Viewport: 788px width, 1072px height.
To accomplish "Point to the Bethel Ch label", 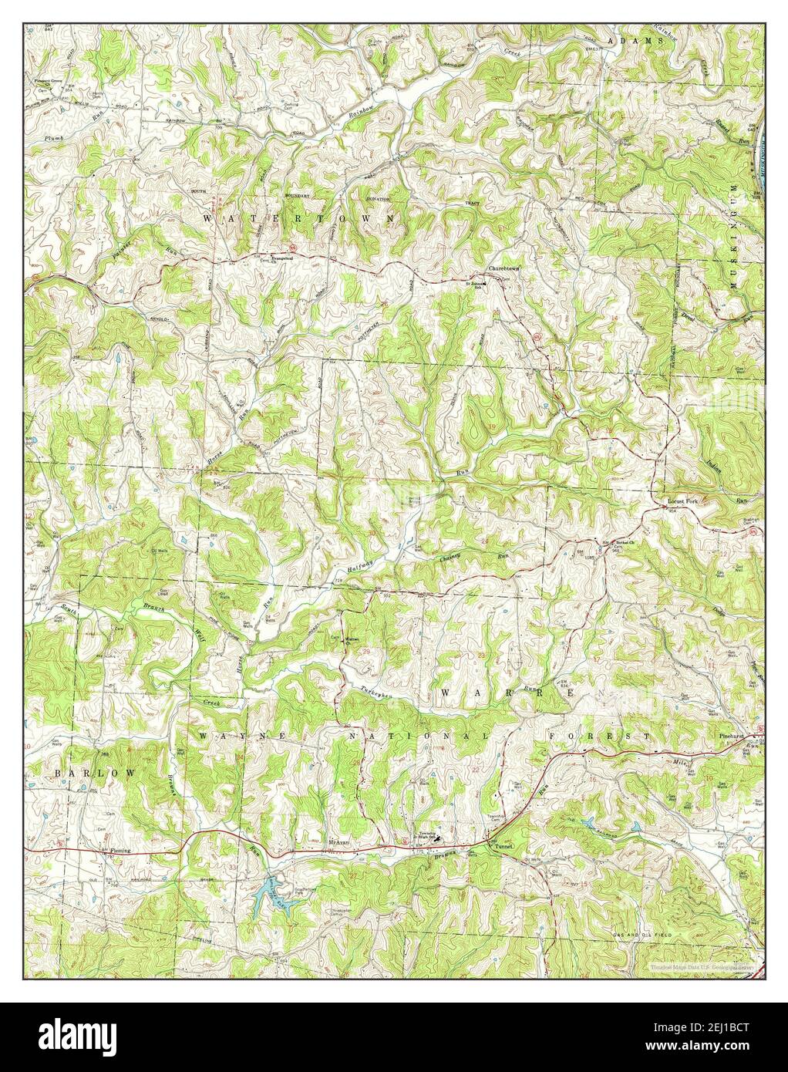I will pos(624,542).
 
